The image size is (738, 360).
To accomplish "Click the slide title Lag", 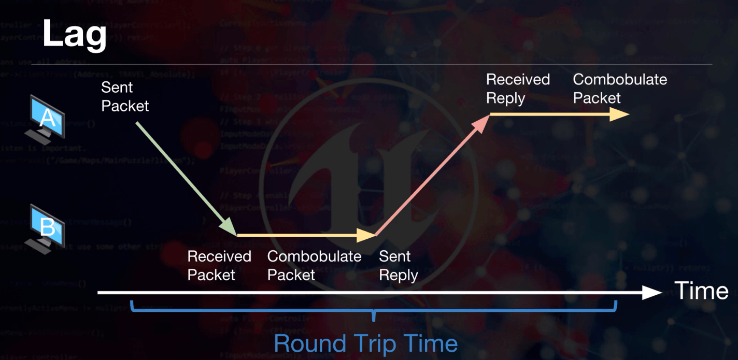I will (74, 34).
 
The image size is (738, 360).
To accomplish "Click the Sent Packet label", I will (125, 97).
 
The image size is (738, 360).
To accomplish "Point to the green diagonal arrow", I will (184, 177).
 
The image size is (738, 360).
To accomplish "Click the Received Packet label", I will (219, 265).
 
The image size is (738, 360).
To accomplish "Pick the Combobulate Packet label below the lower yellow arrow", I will (314, 265).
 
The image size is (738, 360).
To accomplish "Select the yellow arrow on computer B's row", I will (306, 236).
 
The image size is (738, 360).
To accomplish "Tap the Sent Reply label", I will (398, 265).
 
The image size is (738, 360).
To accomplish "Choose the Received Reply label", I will (517, 89).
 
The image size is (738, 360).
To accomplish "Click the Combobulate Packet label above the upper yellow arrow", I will (620, 89).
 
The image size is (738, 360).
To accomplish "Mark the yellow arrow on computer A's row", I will (560, 114).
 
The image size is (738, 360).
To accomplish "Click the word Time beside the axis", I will (701, 291).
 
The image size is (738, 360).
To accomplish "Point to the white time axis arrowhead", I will (654, 293).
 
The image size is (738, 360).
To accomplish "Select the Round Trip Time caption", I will (365, 343).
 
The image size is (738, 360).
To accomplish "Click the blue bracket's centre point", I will (374, 314).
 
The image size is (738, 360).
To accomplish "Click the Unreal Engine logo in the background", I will (369, 166).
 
